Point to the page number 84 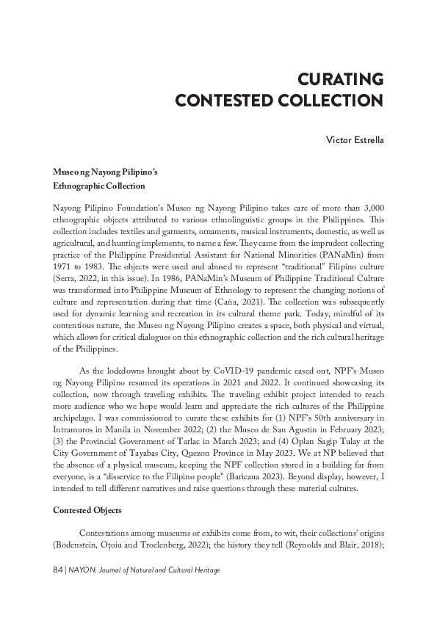[x=58, y=570]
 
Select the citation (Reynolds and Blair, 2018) [x=323, y=542]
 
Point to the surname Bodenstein [x=80, y=542]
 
